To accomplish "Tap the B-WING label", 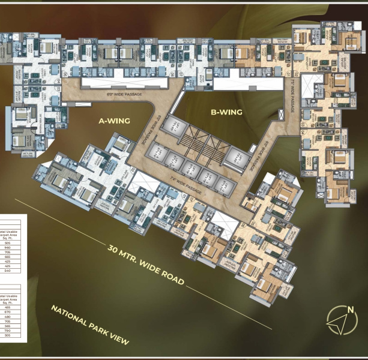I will [226, 112].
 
